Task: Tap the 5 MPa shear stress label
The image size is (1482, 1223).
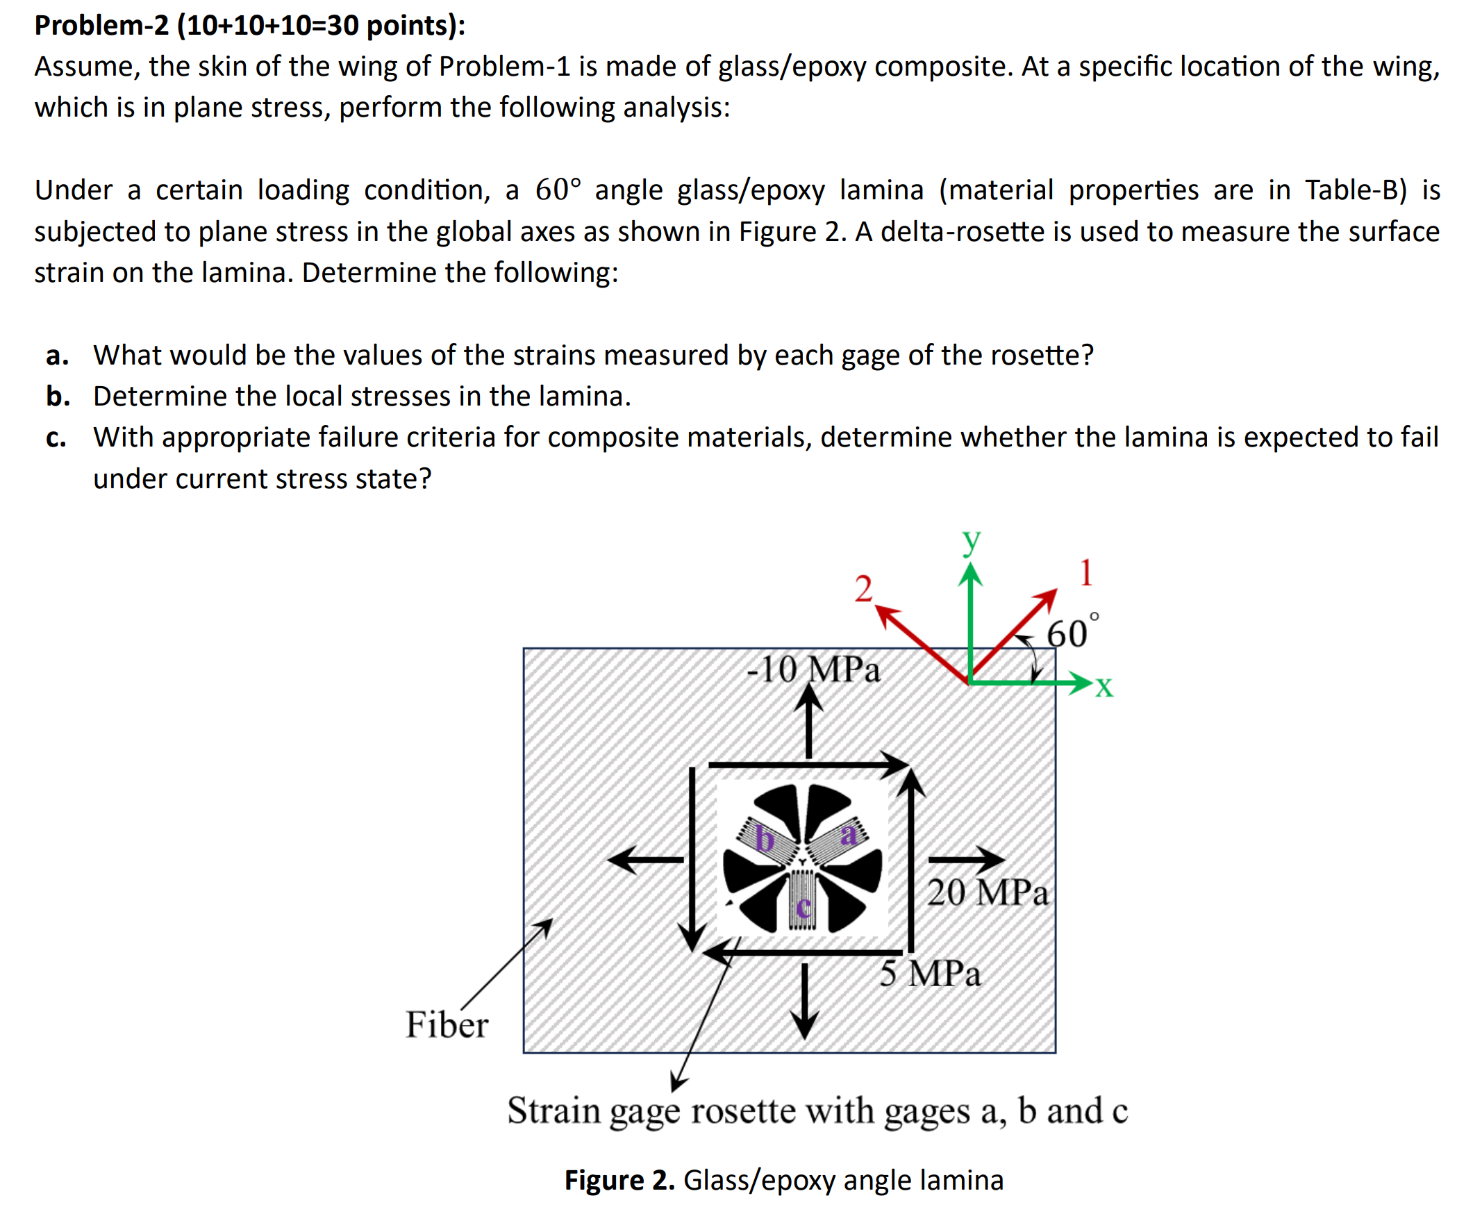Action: point(929,974)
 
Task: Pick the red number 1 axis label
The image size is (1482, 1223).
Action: point(1085,572)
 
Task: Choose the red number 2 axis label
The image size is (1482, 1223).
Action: point(863,588)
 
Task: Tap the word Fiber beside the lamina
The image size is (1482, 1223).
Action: point(446,1024)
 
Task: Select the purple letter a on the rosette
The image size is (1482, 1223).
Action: point(849,835)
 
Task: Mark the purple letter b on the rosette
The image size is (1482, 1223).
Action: point(764,839)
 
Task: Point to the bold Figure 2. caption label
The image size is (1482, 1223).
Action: point(619,1180)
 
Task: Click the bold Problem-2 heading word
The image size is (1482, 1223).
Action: point(101,26)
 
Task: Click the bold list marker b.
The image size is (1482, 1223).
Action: point(58,397)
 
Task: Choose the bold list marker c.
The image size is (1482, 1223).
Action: point(56,438)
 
